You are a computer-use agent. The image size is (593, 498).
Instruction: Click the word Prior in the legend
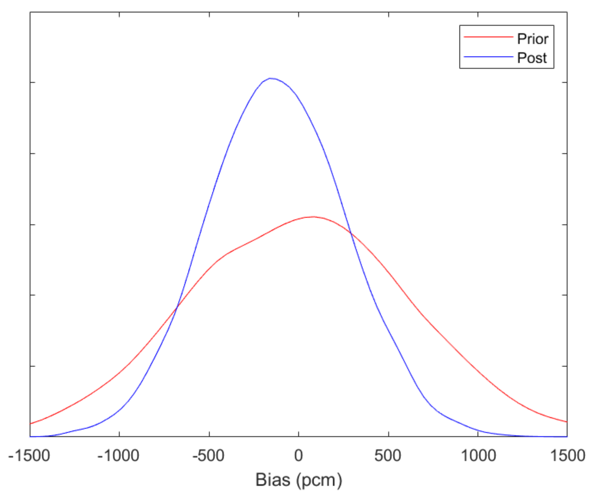533,39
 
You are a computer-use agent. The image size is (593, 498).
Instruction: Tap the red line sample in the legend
488,37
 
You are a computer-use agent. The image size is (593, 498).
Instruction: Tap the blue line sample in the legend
488,57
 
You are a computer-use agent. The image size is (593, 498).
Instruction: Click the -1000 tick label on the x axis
118,456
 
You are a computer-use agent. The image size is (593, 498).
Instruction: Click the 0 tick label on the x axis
298,456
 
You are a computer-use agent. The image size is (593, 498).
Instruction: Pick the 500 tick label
388,456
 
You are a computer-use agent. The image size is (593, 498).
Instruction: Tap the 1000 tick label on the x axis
478,456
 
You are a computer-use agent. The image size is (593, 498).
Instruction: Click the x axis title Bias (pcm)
298,480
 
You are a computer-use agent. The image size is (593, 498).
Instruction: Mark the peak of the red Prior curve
313,217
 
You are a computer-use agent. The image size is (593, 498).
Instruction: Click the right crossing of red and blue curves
351,233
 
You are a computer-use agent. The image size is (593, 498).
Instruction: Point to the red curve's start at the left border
30,424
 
